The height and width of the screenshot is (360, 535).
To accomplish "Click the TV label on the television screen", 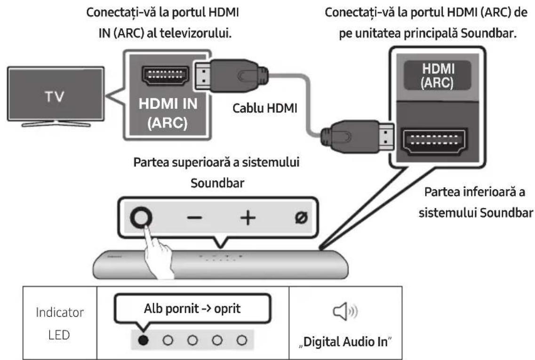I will point(55,96).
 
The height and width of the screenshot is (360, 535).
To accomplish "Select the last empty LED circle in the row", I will point(242,340).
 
